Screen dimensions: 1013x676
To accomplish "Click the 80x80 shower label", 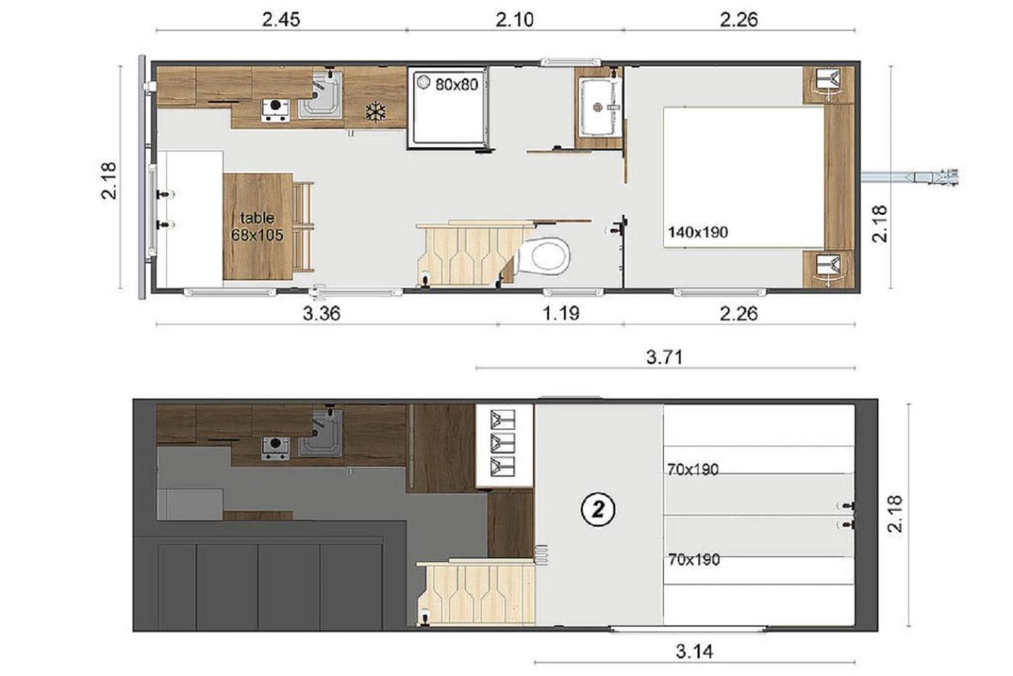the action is (456, 84).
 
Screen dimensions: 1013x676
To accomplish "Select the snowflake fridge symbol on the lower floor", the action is (375, 112).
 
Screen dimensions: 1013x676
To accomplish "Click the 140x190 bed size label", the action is (698, 232).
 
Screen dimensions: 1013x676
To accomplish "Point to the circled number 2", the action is (598, 510).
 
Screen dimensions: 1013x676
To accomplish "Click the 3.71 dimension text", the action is (665, 358).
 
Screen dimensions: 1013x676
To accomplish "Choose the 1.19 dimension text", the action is (561, 313).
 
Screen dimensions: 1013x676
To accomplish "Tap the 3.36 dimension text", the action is (321, 313).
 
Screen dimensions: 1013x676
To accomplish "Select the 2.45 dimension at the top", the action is (281, 20).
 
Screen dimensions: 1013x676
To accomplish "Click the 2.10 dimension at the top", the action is (515, 20).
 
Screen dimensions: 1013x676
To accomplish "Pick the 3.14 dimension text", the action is (694, 651).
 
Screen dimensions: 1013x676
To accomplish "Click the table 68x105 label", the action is (258, 226).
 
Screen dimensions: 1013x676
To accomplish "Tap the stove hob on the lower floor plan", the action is (275, 110).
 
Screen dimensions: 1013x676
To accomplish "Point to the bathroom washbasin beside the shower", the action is (598, 107).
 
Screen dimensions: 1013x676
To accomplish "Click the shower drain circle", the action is (424, 82).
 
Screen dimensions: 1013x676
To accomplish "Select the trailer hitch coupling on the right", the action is (910, 177).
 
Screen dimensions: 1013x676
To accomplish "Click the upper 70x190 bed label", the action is (693, 469).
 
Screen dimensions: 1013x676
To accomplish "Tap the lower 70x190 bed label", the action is (693, 560).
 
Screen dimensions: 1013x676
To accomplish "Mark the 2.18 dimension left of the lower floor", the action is (109, 180).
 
